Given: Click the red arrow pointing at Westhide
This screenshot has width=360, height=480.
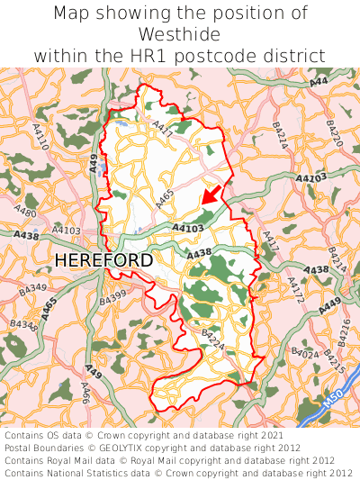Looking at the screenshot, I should [x=210, y=192].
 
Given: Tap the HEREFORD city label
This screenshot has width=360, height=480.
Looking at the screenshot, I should [x=103, y=260].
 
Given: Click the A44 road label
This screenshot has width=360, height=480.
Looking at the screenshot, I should [x=319, y=82].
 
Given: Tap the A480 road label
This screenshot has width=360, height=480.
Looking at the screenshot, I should [x=26, y=213].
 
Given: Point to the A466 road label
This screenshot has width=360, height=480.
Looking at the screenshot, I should [x=85, y=392].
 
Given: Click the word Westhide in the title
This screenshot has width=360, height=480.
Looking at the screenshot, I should [x=179, y=34].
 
